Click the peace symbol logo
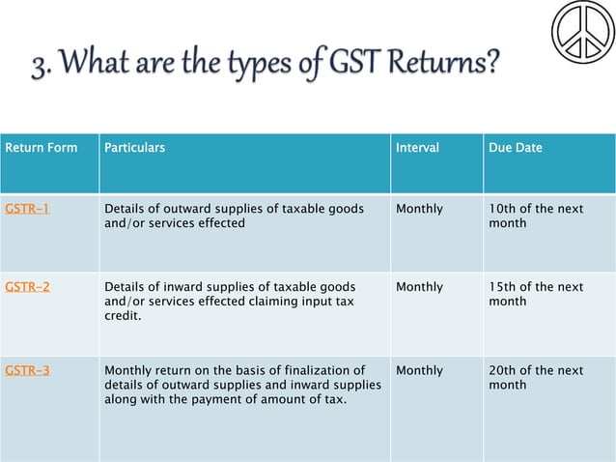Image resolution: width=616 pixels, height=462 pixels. click(582, 32)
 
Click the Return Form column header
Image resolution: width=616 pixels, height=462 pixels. click(42, 148)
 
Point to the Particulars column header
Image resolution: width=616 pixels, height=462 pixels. click(134, 148)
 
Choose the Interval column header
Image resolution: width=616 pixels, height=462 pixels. click(417, 148)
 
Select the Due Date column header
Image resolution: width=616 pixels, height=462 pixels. click(516, 148)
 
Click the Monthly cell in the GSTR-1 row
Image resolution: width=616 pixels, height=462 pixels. click(420, 209)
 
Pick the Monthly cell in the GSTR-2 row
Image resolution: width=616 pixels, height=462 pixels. click(420, 287)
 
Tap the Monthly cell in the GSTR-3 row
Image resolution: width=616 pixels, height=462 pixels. click(420, 370)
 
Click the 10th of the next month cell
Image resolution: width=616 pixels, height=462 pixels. click(536, 216)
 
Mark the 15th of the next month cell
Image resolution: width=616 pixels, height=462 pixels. click(536, 294)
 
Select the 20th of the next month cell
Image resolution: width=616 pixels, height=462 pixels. click(536, 377)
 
